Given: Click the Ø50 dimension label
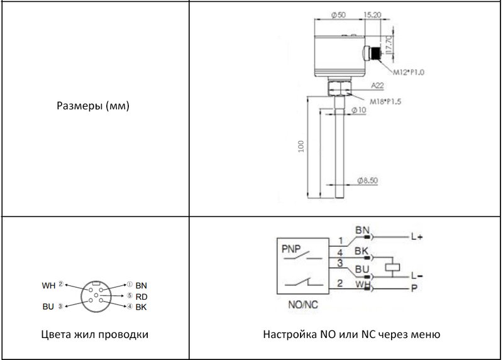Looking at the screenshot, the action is (x=338, y=15).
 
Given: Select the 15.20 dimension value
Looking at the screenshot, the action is (x=372, y=14).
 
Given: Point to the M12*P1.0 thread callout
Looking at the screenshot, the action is (x=409, y=72).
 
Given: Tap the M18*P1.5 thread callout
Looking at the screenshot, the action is (x=385, y=102).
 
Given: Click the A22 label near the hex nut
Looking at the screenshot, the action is (x=377, y=85).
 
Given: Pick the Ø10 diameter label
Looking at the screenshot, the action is (x=358, y=110).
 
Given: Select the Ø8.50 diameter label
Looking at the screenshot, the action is (x=368, y=180).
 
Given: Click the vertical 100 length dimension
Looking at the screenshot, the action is (x=301, y=146).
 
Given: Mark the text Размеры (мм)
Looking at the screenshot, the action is (x=93, y=106).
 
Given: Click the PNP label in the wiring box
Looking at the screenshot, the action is (x=291, y=249).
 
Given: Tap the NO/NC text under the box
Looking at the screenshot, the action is (x=303, y=305).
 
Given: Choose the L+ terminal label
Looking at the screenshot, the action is (x=417, y=237).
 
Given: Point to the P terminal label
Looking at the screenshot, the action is (x=414, y=288).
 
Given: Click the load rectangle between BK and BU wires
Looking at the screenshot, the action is (x=392, y=267).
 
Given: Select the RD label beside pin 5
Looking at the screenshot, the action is (x=141, y=297).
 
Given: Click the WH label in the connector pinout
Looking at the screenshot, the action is (x=48, y=285).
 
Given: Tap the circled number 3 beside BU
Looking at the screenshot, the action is (x=60, y=307).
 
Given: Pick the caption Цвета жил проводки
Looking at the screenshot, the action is (x=95, y=334).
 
